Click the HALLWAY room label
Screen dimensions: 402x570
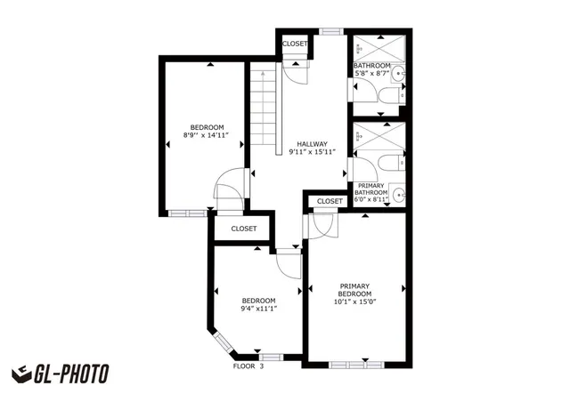click(312, 144)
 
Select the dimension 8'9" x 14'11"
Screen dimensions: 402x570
click(206, 135)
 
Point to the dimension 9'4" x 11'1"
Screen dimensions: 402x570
click(259, 309)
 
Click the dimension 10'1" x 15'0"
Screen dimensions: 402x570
click(354, 301)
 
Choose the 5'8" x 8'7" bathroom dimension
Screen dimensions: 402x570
click(371, 73)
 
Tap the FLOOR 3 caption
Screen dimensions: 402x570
click(248, 366)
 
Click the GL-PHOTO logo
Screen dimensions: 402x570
click(60, 374)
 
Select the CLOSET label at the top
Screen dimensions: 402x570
click(295, 44)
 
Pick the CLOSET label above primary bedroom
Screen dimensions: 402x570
click(330, 201)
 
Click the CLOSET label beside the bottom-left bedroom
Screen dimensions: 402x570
click(244, 229)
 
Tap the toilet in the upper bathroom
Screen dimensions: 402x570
click(385, 96)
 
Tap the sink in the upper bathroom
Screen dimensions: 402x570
click(399, 74)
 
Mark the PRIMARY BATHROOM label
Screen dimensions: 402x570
click(370, 192)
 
